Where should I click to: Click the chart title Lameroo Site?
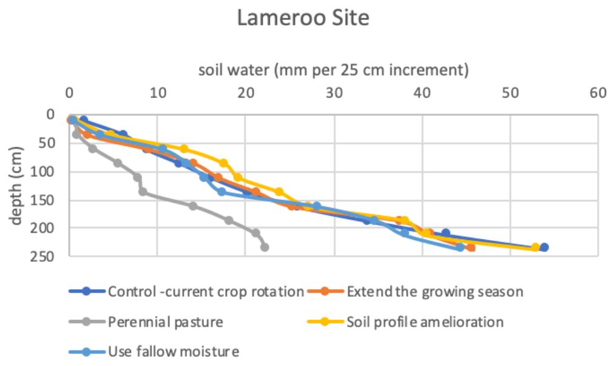303,18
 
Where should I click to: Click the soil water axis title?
334,70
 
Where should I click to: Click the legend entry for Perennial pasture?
164,322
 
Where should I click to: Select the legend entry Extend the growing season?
434,292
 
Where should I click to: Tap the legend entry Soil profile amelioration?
425,322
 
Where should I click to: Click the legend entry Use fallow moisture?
174,351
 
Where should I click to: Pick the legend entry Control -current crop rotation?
205,292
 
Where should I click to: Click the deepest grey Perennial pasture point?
265,247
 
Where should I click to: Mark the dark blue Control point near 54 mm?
544,247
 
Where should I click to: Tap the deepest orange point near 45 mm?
471,247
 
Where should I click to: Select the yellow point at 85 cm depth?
223,163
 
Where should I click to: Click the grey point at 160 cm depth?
193,206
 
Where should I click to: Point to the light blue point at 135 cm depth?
222,191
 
